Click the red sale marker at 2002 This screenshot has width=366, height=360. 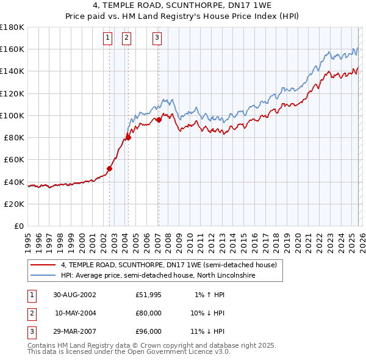pyautogui.click(x=110, y=168)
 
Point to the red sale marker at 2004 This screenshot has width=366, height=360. pyautogui.click(x=129, y=137)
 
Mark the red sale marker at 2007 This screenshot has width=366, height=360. pyautogui.click(x=159, y=120)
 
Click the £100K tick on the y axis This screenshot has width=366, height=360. pyautogui.click(x=12, y=115)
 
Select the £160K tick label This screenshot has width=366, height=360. pyautogui.click(x=12, y=49)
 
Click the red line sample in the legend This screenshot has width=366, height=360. pyautogui.click(x=43, y=265)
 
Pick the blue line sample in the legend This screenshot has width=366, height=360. pyautogui.click(x=43, y=275)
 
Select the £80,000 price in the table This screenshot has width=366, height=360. pyautogui.click(x=149, y=313)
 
